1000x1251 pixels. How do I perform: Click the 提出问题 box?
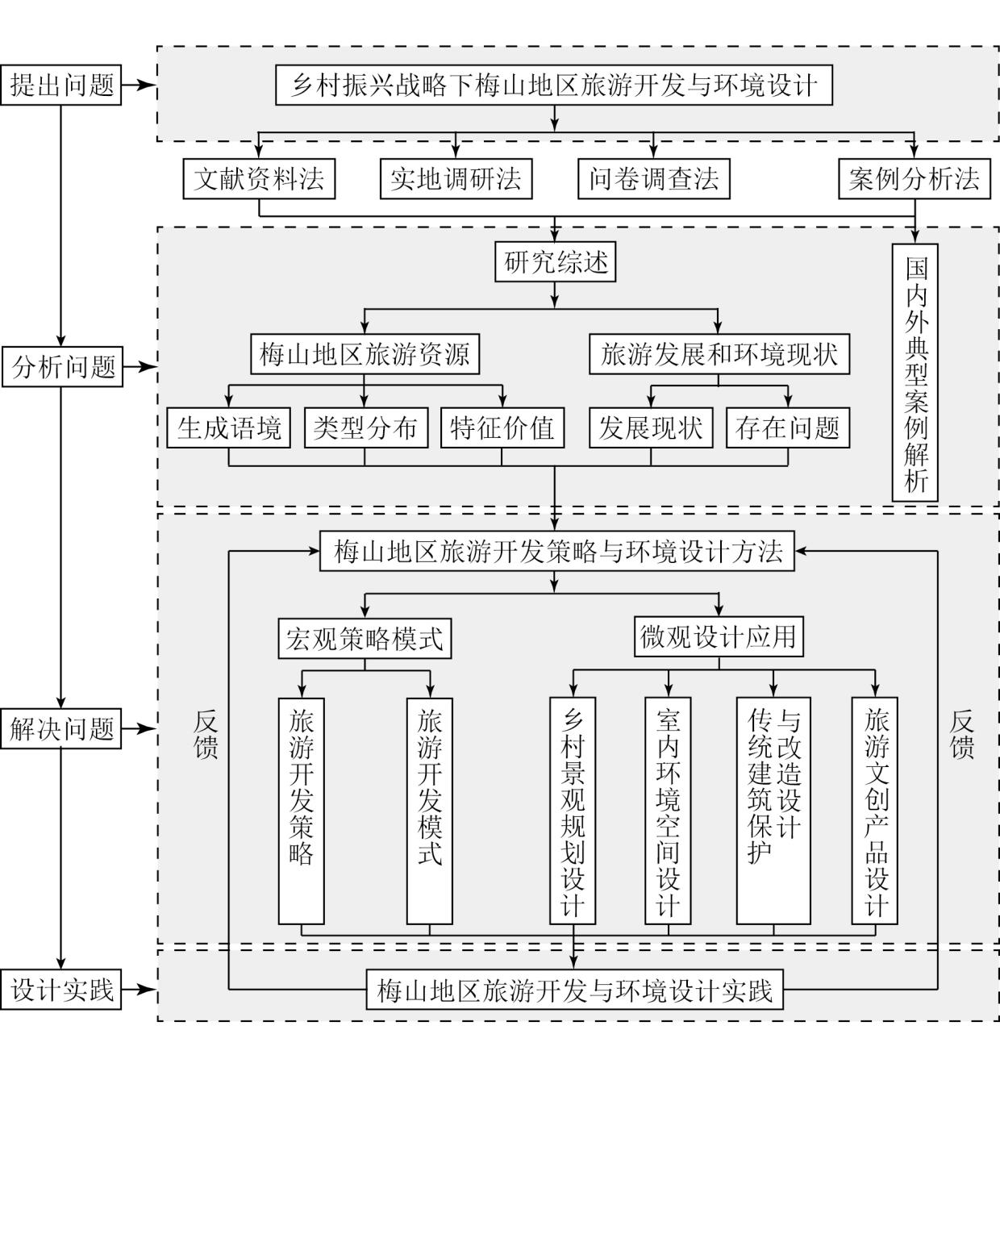[61, 85]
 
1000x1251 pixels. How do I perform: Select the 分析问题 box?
[62, 367]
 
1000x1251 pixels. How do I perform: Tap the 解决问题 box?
[61, 729]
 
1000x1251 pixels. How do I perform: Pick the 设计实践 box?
[61, 990]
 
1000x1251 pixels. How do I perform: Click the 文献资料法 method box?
[259, 178]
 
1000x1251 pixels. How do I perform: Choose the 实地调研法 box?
[456, 178]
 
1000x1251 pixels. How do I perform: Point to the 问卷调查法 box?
[653, 178]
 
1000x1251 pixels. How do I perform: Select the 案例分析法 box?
[915, 178]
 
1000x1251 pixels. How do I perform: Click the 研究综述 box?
[555, 262]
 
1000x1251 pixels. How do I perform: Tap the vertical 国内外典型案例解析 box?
[915, 373]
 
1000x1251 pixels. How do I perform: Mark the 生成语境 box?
[229, 427]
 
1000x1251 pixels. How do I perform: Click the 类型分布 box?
[365, 427]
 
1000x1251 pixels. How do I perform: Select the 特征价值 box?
[502, 427]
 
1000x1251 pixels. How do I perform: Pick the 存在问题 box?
[788, 427]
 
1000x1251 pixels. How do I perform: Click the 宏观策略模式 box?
[365, 639]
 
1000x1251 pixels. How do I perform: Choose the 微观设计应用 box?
[719, 637]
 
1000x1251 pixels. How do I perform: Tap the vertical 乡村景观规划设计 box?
[573, 811]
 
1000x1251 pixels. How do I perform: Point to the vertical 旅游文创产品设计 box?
[875, 811]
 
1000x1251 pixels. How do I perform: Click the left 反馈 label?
[206, 734]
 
